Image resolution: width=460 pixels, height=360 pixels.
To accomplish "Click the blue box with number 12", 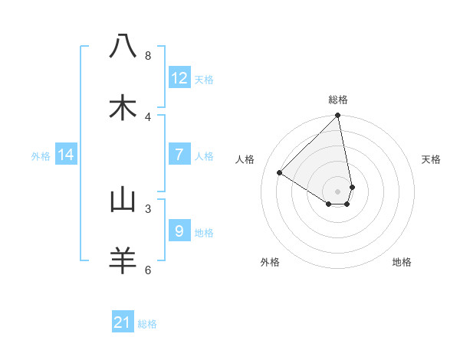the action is tap(179, 78).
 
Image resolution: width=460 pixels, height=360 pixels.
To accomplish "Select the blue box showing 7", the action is tap(179, 155).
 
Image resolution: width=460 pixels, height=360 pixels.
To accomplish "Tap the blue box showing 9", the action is tap(179, 231).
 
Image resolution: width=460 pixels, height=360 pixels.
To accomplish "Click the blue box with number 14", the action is tap(66, 155).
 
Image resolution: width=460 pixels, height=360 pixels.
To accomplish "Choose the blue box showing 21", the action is tap(123, 322).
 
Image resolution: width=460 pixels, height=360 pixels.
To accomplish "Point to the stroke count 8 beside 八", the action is tap(148, 55).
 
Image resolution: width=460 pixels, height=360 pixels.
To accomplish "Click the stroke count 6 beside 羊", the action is tap(148, 270).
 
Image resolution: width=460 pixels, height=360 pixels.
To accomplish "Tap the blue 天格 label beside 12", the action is tap(204, 79).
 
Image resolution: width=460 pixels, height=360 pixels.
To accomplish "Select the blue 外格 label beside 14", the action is tap(41, 155).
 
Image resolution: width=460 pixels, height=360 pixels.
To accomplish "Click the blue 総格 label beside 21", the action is tap(147, 323).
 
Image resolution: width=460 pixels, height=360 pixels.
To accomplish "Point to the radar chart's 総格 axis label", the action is tap(338, 100).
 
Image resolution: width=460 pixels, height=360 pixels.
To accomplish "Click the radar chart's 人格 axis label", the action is tap(245, 159).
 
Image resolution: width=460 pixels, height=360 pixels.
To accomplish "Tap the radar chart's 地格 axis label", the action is tap(402, 262).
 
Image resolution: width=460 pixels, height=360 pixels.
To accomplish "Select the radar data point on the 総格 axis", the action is tap(338, 116).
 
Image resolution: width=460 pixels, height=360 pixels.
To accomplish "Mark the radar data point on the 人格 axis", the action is tap(280, 172).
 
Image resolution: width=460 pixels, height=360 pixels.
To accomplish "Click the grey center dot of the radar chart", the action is tap(338, 191).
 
